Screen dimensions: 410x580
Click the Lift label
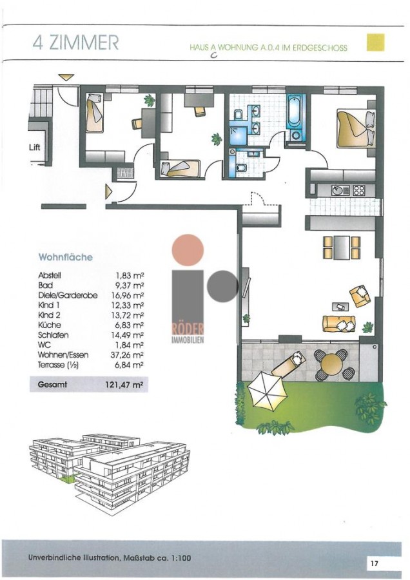(34, 147)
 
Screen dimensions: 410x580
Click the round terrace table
(332, 364)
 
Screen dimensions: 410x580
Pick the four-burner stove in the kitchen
(358, 190)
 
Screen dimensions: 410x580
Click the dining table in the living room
(342, 247)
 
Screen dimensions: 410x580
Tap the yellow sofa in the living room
(339, 324)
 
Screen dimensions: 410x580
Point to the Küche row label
(46, 325)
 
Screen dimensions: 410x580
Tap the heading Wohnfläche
(66, 257)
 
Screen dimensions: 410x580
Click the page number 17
(374, 563)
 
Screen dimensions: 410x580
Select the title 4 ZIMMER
(75, 43)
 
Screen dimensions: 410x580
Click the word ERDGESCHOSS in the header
(320, 48)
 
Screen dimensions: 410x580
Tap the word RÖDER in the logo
(188, 329)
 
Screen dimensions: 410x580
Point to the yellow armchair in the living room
(360, 296)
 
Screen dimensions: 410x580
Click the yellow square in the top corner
(376, 43)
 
